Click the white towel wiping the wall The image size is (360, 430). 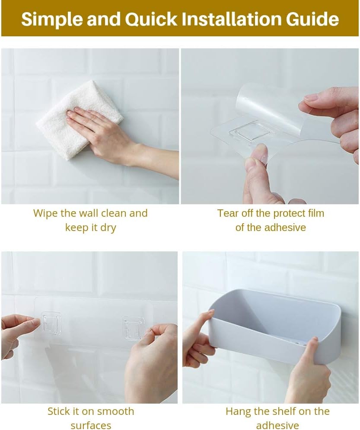click(x=80, y=119)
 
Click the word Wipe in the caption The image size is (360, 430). click(x=46, y=214)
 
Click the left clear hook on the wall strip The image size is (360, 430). click(x=51, y=323)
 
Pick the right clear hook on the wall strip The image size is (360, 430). click(x=132, y=328)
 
